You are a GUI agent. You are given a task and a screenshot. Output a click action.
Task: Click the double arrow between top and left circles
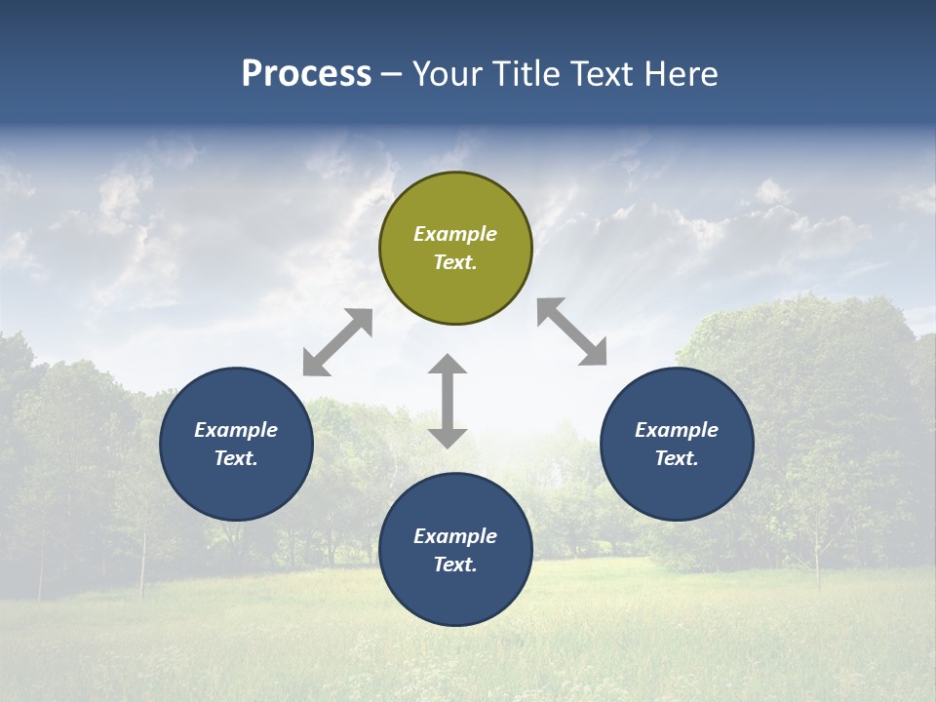tap(337, 342)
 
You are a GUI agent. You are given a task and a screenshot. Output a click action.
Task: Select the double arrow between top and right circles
tap(571, 331)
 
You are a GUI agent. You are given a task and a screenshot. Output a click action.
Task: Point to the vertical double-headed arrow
tap(448, 401)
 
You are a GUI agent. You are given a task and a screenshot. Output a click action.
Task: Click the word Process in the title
tap(306, 73)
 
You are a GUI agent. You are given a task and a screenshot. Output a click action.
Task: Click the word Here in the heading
tap(680, 73)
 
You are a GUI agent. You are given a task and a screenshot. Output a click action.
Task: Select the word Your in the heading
tap(448, 73)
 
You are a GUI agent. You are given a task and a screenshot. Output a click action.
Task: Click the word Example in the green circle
tap(455, 234)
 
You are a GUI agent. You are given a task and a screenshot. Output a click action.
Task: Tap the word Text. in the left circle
tap(236, 458)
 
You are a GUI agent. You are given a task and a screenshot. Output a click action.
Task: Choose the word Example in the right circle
tap(677, 430)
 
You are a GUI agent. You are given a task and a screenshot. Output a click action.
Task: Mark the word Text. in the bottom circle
tap(455, 565)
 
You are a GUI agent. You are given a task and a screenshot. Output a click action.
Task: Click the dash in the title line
tap(392, 74)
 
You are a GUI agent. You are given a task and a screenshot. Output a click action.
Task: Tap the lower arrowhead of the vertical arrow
tap(448, 438)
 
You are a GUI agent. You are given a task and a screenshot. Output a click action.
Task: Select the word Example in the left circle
tap(236, 430)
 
